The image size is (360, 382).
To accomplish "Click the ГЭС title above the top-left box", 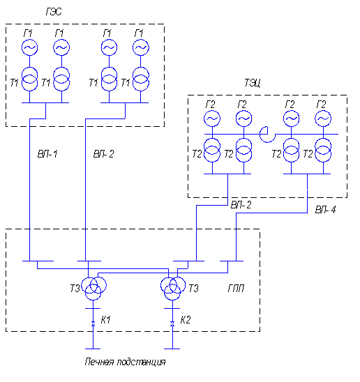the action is (54, 12).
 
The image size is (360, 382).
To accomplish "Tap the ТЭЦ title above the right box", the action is (252, 83).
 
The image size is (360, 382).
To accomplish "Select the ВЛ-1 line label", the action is (47, 154).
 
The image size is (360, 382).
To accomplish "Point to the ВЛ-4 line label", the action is (325, 210).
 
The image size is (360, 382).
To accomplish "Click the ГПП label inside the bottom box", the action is (236, 289).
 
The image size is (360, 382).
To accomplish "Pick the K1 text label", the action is (106, 320).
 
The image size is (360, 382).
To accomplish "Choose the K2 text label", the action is (186, 320).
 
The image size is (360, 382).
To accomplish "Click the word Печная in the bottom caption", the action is (99, 362).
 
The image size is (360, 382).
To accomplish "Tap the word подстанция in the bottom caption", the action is (141, 362).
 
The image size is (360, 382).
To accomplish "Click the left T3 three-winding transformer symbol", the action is (93, 288).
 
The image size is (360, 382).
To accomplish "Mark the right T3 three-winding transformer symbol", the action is (173, 288).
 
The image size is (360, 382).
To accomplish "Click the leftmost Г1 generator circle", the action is (30, 47).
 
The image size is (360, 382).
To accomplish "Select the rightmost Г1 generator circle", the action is (141, 47).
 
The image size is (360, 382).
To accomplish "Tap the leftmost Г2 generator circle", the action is (212, 119).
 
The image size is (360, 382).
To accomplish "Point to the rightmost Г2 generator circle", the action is (323, 119).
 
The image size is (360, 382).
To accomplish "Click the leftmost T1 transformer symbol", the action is (30, 79).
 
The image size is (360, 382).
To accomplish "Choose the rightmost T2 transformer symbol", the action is (323, 150).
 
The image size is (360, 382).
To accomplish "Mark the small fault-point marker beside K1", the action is (93, 323).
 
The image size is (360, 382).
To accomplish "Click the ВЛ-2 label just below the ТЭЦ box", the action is (241, 205).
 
